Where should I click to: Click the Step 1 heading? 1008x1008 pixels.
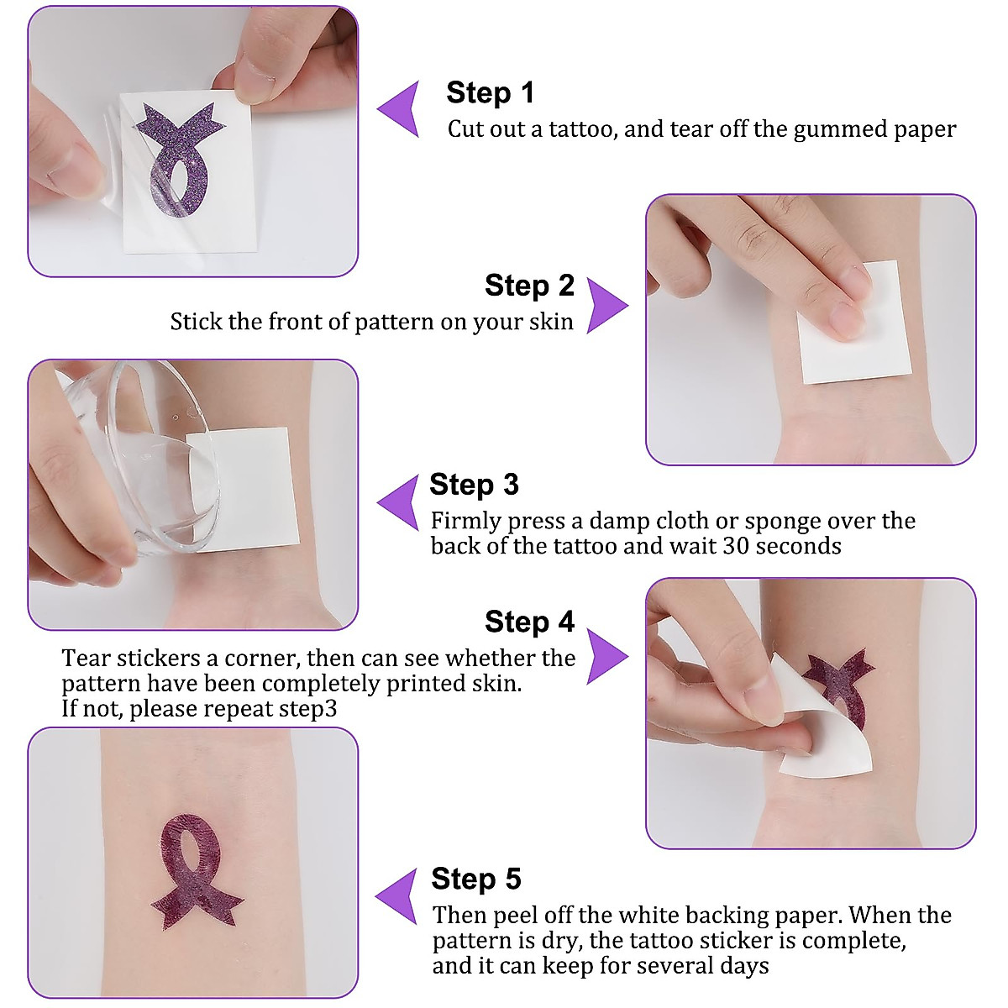point(490,92)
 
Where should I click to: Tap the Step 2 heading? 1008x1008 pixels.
point(529,286)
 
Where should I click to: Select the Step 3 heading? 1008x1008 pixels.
point(474,485)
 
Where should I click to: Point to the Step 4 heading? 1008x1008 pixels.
point(529,622)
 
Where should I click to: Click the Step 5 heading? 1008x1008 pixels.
point(475,879)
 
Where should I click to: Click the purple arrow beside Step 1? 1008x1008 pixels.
point(401,109)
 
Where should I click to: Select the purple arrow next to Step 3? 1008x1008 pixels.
point(401,501)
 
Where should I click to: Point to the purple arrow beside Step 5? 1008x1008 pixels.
point(399,896)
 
